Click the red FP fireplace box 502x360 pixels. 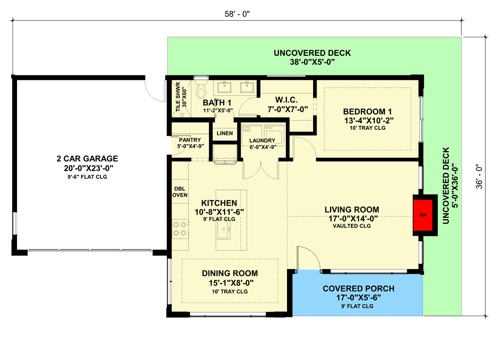coord(422,215)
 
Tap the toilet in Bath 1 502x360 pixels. coord(200,91)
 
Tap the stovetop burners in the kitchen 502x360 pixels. coord(180,229)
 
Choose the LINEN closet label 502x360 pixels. coord(224,133)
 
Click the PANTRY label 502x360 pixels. coord(189,140)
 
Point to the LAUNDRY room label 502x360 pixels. coord(262,141)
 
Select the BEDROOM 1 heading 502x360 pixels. coord(367,111)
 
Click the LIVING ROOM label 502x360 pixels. coord(351,209)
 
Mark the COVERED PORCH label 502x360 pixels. coord(358,289)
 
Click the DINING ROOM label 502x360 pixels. coord(230,274)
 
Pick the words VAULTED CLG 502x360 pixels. coord(351,226)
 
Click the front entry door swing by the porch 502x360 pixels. coord(308,259)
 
